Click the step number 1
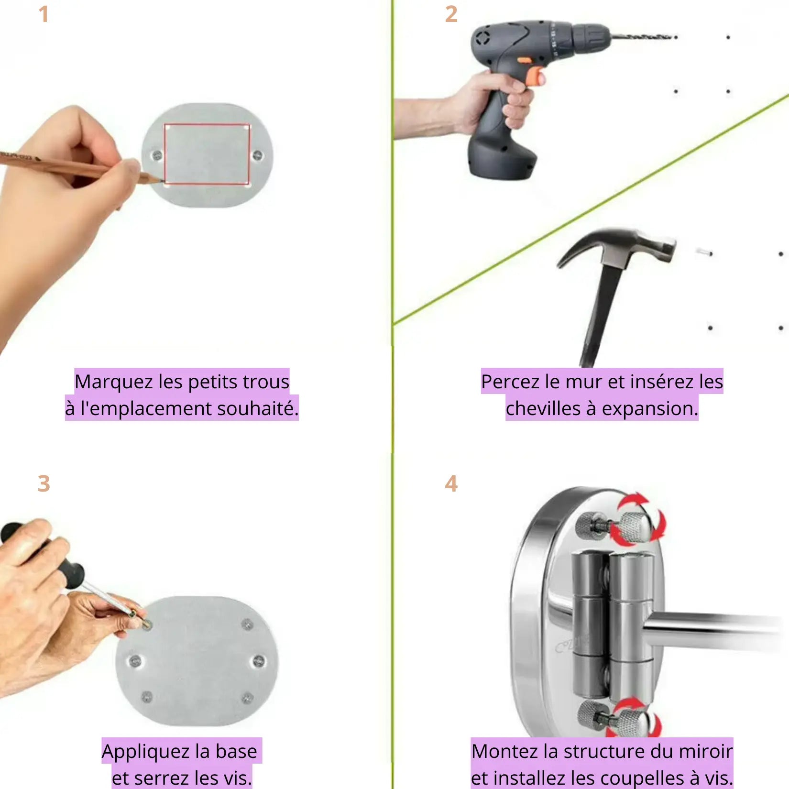(x=44, y=14)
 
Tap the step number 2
(x=451, y=14)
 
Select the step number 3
(x=44, y=483)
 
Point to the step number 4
(x=451, y=483)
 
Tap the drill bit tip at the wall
(x=676, y=37)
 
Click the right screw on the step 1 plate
(x=258, y=155)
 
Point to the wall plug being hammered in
(x=703, y=252)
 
